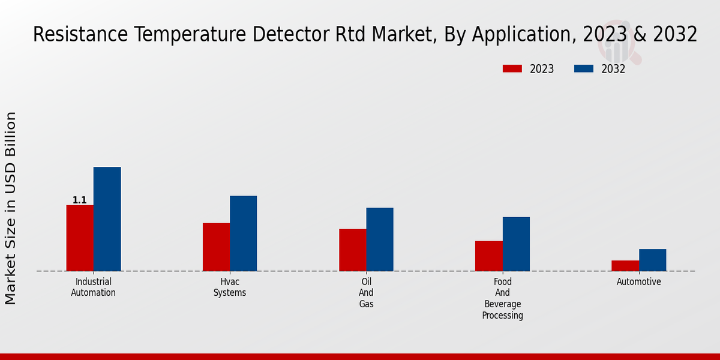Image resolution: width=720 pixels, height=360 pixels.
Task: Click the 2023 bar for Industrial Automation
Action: (80, 238)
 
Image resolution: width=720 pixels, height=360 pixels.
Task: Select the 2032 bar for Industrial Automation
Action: (107, 219)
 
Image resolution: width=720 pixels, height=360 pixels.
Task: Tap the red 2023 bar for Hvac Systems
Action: (216, 247)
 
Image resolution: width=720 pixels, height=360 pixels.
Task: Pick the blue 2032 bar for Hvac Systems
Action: (243, 233)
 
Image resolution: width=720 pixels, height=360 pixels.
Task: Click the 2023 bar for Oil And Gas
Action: (352, 250)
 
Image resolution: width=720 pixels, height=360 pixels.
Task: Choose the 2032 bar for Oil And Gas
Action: (380, 239)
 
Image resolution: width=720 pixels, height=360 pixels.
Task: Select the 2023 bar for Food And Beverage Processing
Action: (488, 256)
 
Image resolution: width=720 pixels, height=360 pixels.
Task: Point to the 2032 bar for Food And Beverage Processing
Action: (516, 244)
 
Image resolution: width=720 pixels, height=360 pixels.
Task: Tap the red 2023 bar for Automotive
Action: (625, 266)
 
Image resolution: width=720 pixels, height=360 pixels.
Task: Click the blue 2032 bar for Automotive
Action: (652, 260)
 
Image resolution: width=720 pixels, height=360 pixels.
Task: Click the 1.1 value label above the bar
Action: (80, 200)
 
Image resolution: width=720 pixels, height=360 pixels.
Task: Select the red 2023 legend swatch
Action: (512, 69)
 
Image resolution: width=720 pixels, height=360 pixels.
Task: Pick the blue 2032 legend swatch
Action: (584, 69)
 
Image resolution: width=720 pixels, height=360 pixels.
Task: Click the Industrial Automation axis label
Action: (94, 287)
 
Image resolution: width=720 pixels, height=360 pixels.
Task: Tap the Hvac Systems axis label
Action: (230, 287)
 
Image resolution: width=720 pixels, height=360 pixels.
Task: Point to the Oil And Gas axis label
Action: (366, 293)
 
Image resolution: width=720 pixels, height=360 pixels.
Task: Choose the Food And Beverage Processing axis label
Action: (503, 299)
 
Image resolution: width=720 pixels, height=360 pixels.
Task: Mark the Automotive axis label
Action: (639, 282)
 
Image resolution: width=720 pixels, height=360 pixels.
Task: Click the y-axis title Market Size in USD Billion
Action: (11, 208)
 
